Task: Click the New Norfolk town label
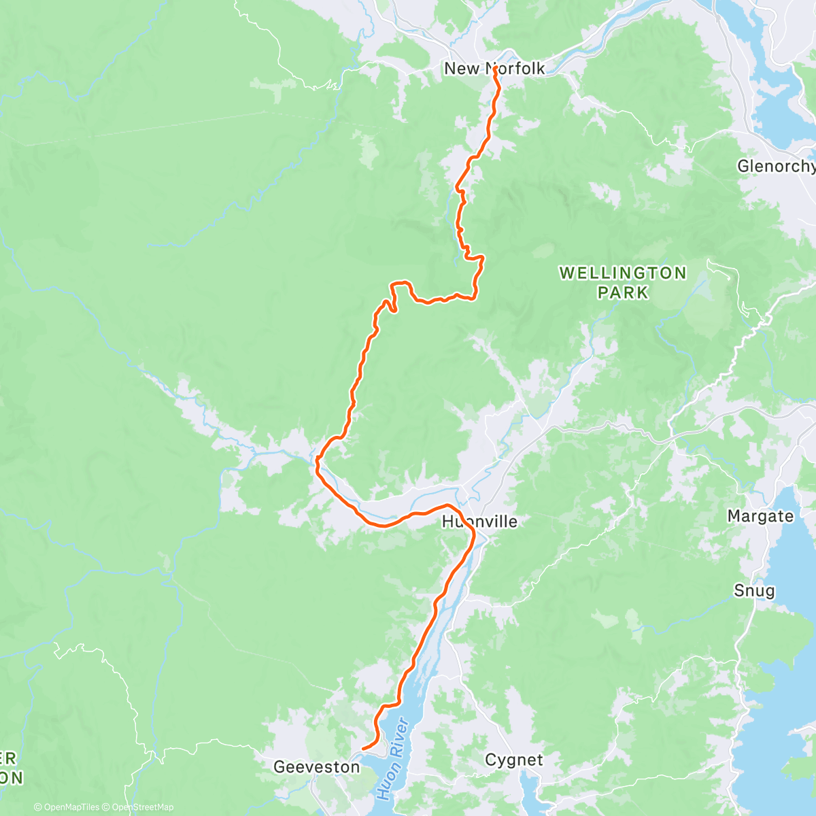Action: pyautogui.click(x=494, y=69)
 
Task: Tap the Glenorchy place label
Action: pyautogui.click(x=775, y=167)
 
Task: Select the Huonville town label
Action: pyautogui.click(x=479, y=522)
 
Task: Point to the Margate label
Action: pyautogui.click(x=760, y=516)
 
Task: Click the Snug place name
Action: pyautogui.click(x=754, y=590)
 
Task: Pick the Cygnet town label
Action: pyautogui.click(x=514, y=760)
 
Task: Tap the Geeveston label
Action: pyautogui.click(x=316, y=767)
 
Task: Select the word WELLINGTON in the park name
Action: pyautogui.click(x=623, y=273)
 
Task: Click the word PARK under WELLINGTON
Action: pyautogui.click(x=623, y=292)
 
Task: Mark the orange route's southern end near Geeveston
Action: pyautogui.click(x=363, y=749)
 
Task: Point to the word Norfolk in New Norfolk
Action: pyautogui.click(x=515, y=69)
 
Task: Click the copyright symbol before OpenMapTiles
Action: pyautogui.click(x=37, y=807)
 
